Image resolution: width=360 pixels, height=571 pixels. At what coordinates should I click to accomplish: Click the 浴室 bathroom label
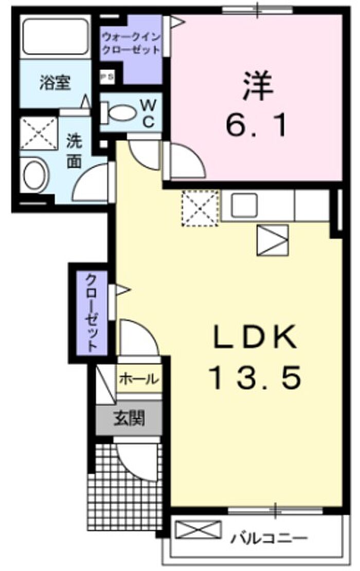55,83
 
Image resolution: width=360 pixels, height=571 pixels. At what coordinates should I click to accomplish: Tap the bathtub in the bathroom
56,37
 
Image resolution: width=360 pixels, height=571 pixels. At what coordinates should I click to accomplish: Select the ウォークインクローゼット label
131,43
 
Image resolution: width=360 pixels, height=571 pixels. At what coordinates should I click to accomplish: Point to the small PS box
107,77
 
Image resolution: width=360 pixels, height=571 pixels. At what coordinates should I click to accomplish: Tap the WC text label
148,114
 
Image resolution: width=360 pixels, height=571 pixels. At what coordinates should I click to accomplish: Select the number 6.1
257,124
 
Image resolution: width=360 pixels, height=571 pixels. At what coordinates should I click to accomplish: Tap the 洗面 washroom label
74,152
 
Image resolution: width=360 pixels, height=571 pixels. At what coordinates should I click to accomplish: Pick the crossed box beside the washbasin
39,133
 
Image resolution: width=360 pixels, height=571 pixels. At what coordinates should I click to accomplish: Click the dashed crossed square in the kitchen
200,208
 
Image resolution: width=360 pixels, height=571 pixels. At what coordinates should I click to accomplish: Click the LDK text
255,337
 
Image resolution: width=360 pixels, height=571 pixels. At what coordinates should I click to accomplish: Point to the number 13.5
256,377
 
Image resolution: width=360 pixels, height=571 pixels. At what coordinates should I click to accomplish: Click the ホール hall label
139,380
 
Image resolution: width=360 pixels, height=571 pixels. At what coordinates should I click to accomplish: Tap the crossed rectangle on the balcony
199,529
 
